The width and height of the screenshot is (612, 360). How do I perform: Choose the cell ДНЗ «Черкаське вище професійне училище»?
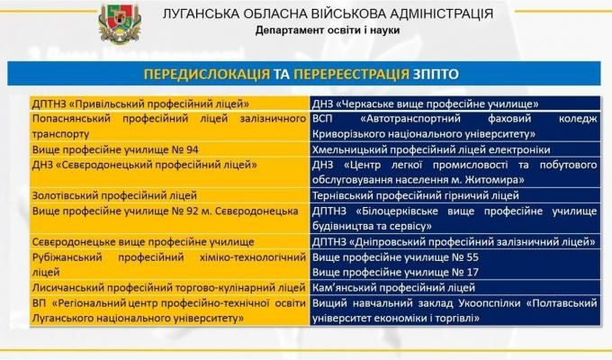[x=426, y=103]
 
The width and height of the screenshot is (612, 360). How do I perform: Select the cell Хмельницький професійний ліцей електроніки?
[x=430, y=149]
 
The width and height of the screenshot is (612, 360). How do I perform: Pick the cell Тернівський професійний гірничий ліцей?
[x=415, y=194]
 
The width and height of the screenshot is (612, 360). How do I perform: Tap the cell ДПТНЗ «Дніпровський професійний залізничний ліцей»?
[x=453, y=242]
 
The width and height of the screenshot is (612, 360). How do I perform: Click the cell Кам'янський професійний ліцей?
[x=393, y=288]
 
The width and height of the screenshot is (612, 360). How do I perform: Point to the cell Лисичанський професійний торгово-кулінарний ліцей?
[x=169, y=288]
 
